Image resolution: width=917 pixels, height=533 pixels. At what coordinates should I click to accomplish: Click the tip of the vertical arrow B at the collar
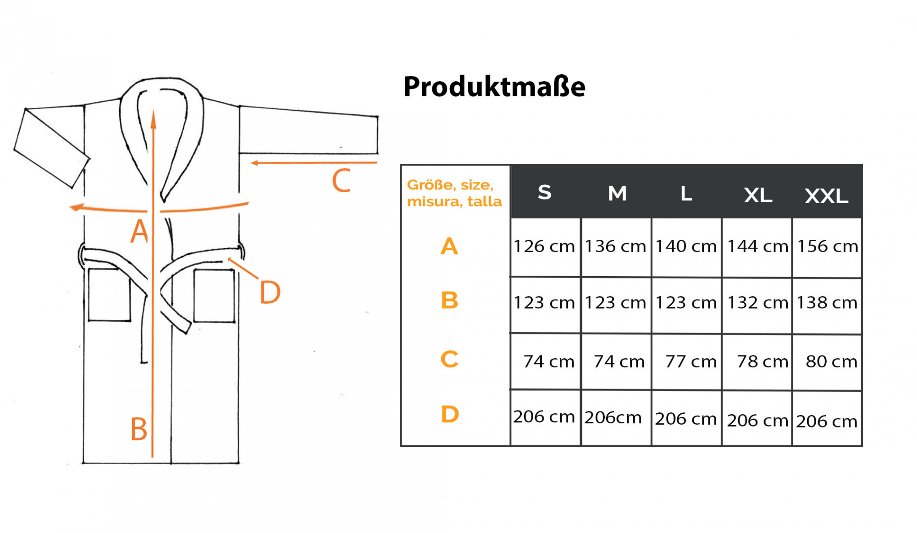point(154,110)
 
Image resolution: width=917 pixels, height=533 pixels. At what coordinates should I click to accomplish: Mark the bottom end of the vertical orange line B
point(153,457)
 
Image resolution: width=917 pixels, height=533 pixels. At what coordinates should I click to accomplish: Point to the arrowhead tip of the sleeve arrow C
point(251,163)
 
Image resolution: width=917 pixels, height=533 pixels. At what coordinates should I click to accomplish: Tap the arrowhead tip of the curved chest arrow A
point(69,208)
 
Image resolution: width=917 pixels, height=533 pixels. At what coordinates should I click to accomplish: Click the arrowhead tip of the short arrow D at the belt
point(227,259)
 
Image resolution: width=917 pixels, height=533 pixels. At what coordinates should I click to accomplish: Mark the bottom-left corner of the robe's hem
point(83,463)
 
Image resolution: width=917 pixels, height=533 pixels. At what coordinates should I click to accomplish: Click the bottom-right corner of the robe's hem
point(239,463)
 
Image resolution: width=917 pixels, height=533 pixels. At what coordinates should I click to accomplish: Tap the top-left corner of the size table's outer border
point(401,165)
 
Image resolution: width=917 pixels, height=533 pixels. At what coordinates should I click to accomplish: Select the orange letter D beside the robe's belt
point(270,292)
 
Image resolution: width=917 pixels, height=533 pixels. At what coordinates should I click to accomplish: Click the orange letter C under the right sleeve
point(341,181)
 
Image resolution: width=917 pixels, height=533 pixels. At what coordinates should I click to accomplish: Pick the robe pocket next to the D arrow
point(214,295)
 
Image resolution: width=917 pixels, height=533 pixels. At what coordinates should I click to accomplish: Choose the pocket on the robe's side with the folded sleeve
point(109,294)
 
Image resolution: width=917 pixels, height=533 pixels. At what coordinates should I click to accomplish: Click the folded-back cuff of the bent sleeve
point(51,148)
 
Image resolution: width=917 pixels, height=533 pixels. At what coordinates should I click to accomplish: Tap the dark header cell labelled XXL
point(827,191)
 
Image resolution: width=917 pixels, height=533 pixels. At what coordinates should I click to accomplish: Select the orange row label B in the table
point(449,300)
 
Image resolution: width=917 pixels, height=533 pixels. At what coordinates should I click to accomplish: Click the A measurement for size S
point(544,246)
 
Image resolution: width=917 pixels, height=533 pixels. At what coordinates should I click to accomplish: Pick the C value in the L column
point(691,361)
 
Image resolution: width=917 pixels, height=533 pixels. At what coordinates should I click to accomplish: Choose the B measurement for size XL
point(758,303)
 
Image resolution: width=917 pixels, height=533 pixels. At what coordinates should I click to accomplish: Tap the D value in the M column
point(613,417)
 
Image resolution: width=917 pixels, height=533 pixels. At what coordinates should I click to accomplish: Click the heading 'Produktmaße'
point(494,86)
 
